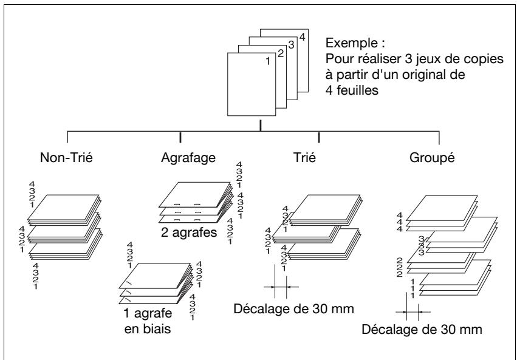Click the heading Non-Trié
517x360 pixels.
66,157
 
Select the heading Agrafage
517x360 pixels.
188,158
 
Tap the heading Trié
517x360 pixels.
304,157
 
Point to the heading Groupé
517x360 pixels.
432,158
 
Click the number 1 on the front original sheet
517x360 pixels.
268,61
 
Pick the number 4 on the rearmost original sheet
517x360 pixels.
302,37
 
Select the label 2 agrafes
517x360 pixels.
189,233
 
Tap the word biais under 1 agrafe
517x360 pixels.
157,328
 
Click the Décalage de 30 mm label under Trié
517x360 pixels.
294,309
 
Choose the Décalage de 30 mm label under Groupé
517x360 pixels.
422,330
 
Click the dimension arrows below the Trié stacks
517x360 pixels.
281,287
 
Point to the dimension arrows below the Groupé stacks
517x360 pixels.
413,311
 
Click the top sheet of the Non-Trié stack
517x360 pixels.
63,207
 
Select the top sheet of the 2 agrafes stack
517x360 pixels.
194,194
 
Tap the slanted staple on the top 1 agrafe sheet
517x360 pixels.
129,284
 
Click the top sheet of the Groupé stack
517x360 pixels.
442,208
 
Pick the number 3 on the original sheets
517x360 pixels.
291,45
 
